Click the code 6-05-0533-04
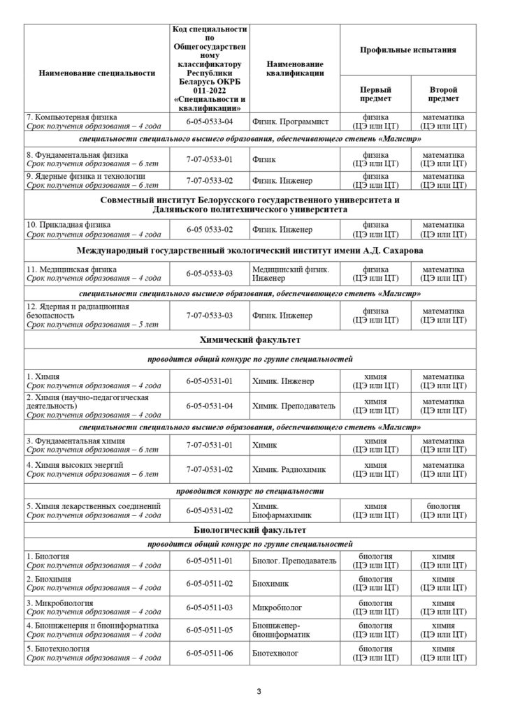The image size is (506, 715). tap(209, 121)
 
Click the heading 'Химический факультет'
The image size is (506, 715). tap(251, 340)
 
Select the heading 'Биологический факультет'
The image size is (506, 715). tap(251, 530)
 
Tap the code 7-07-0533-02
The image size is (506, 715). tap(209, 180)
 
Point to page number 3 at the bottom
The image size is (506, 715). tap(258, 693)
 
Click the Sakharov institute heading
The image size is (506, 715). tap(251, 250)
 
